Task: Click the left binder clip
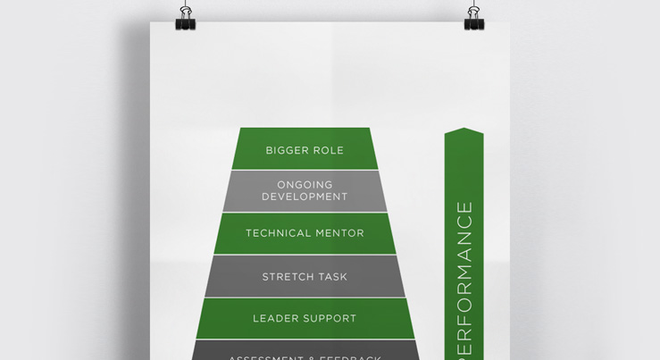186,19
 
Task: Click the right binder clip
474,19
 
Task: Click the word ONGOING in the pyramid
305,185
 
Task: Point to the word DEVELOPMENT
305,197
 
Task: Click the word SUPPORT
332,318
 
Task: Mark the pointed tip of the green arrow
464,130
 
